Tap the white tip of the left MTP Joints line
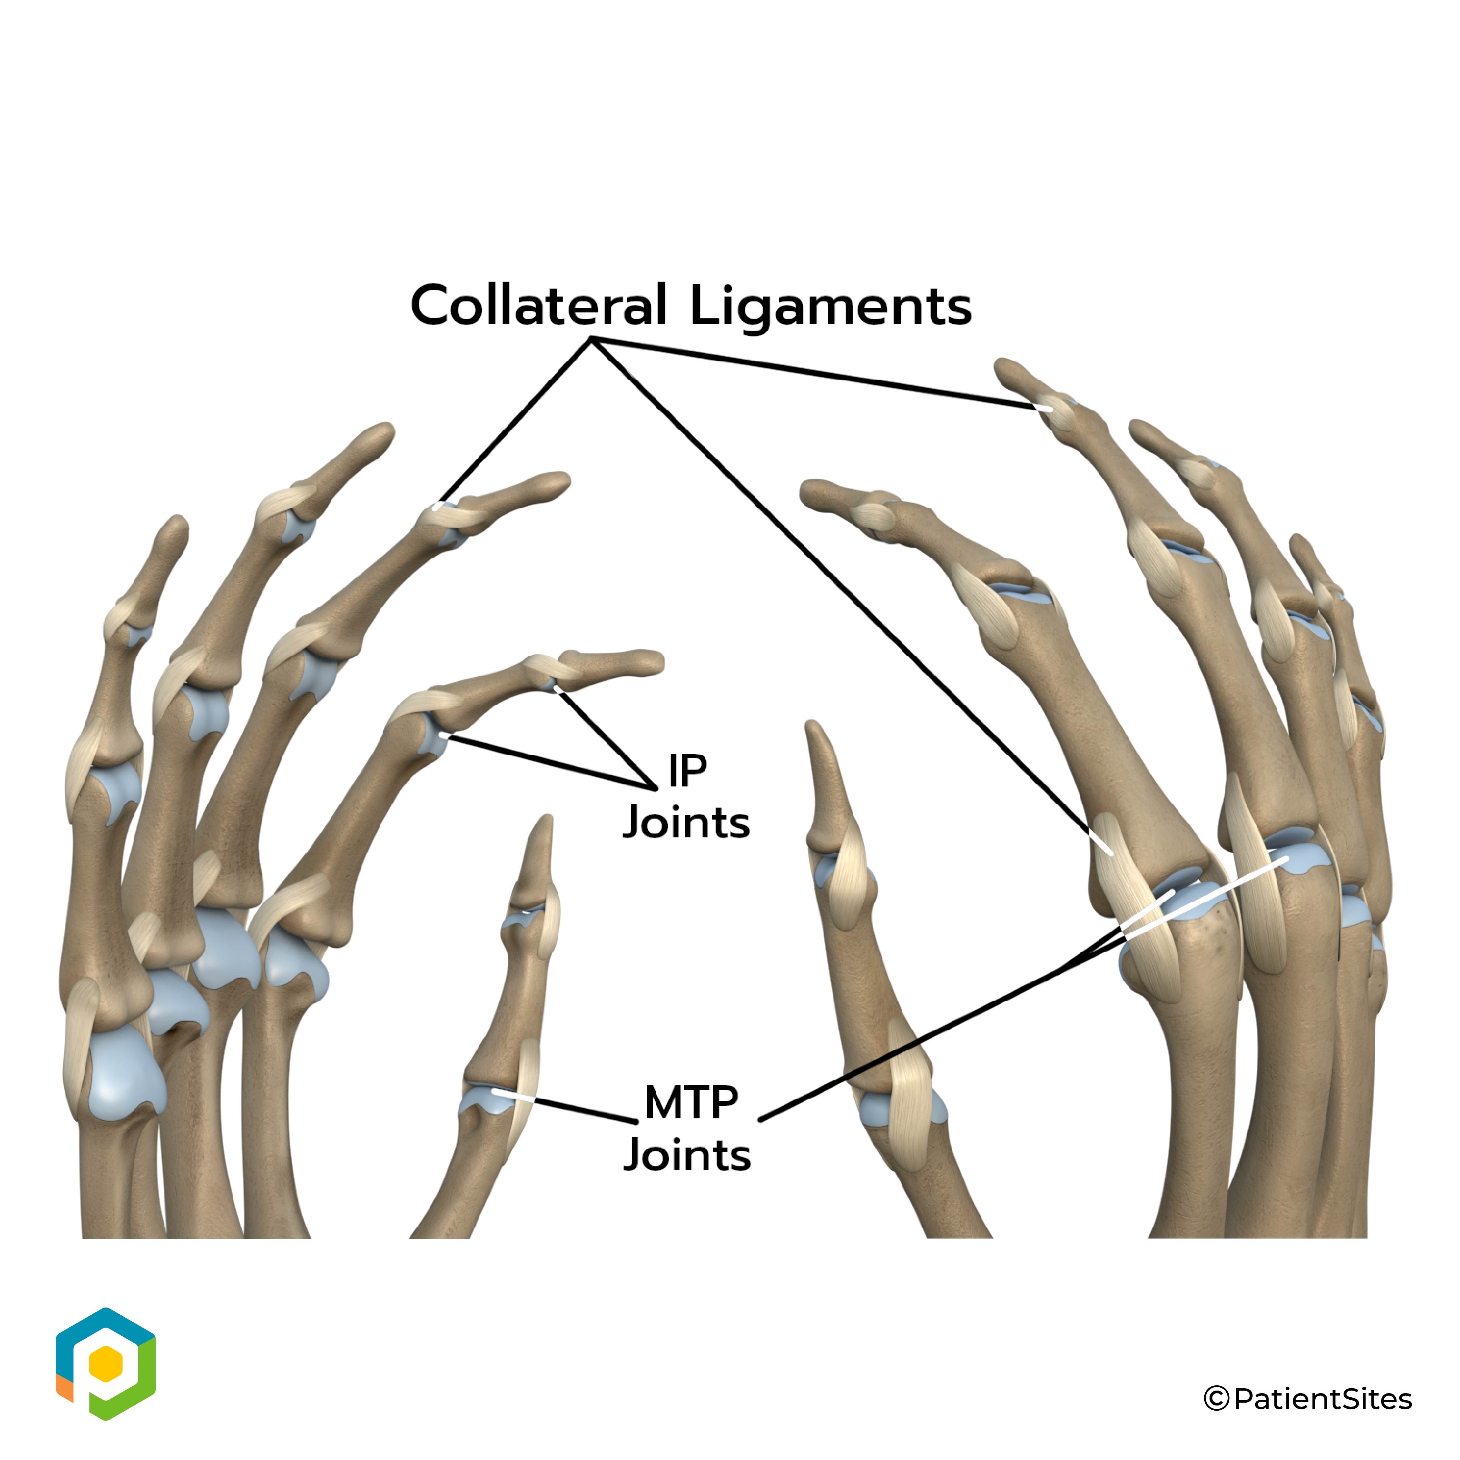pos(495,1091)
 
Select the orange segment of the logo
pos(64,1387)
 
